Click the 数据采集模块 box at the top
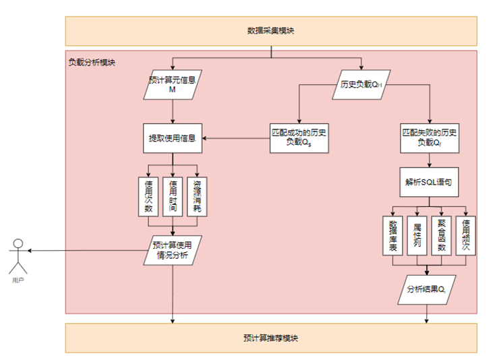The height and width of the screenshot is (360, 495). click(x=270, y=31)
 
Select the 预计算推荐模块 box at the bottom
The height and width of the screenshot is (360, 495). click(x=270, y=338)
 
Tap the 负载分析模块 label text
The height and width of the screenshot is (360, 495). click(x=92, y=62)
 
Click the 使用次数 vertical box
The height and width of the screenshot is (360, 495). click(x=148, y=196)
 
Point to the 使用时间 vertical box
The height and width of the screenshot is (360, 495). click(x=173, y=196)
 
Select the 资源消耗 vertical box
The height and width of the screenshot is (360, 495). click(x=197, y=196)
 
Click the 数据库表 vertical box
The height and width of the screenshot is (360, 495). click(x=392, y=235)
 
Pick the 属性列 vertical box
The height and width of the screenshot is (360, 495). click(x=417, y=235)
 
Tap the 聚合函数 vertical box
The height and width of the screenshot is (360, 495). click(x=441, y=235)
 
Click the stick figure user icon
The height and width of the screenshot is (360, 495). click(x=18, y=254)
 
